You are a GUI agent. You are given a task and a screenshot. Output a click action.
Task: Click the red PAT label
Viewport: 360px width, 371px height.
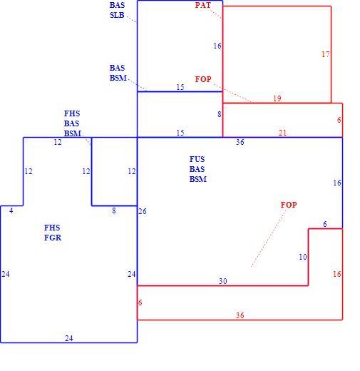[203, 5]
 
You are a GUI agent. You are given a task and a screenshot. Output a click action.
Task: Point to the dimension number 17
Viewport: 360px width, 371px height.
[326, 54]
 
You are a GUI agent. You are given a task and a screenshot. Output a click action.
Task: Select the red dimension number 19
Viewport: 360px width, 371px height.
[277, 98]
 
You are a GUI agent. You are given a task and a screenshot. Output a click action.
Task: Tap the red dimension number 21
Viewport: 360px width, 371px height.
[282, 133]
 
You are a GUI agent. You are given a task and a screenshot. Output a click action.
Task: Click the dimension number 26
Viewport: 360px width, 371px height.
[143, 211]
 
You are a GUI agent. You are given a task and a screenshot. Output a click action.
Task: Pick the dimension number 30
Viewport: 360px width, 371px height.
[223, 281]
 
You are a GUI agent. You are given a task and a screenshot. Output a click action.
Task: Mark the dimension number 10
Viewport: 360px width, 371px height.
[303, 257]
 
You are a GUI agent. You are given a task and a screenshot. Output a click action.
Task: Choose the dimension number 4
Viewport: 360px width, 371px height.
[11, 210]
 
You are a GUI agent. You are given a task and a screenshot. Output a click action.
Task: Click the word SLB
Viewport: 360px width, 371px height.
[117, 15]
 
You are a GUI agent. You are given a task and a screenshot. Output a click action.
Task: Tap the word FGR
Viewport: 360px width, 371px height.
[53, 238]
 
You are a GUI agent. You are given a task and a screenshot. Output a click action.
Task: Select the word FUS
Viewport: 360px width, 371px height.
[197, 159]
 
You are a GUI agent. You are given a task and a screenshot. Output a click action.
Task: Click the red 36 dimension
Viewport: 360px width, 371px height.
[240, 315]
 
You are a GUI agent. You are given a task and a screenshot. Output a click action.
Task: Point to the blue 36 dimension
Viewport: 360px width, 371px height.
[240, 142]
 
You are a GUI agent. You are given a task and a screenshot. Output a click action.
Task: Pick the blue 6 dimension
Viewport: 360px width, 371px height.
[325, 224]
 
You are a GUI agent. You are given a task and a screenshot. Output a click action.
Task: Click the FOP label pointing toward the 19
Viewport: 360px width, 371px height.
[203, 79]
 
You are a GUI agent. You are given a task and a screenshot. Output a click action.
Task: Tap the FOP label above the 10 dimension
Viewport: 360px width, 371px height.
[289, 205]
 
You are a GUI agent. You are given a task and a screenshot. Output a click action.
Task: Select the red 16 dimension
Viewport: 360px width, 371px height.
[337, 274]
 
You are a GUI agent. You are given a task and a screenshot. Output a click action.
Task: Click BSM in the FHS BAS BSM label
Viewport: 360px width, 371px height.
[73, 133]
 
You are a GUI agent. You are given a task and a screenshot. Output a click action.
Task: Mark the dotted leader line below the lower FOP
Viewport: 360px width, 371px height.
[269, 238]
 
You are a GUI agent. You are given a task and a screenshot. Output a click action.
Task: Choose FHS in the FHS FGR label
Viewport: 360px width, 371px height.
[52, 228]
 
